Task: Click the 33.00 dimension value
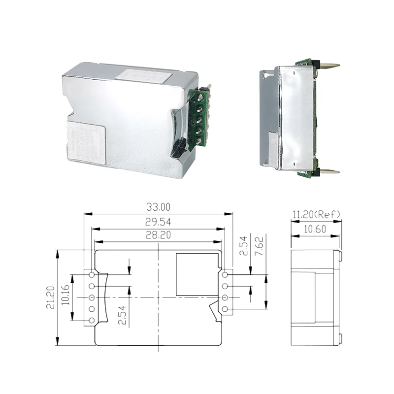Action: coord(158,207)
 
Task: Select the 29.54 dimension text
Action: coord(158,223)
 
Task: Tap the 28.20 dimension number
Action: coord(158,235)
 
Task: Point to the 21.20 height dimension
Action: coord(50,298)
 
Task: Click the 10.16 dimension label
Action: coord(65,297)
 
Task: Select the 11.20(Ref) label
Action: coord(316,214)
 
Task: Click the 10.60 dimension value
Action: coord(315,229)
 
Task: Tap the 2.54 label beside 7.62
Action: coord(243,245)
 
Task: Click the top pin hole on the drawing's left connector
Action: coord(92,275)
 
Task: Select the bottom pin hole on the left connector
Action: coord(92,321)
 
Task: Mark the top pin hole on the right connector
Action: coord(225,275)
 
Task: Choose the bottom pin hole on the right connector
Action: coord(225,309)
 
